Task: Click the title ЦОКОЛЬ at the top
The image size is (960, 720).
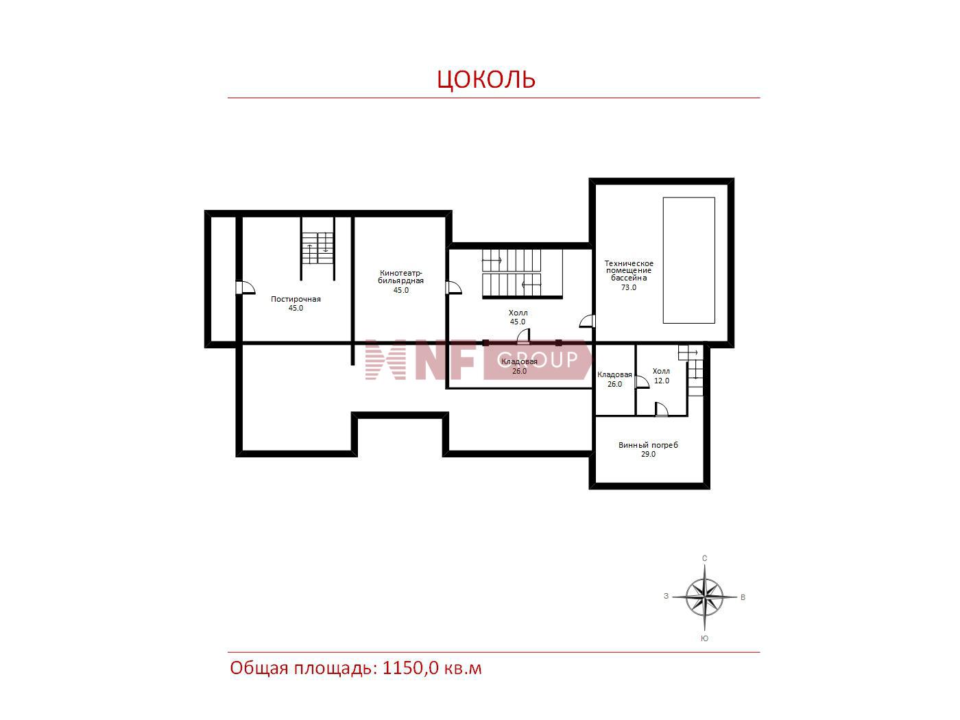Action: click(x=486, y=80)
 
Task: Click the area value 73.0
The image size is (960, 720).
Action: click(x=629, y=287)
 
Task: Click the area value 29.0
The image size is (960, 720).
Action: click(x=648, y=454)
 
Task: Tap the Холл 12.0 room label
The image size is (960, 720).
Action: click(x=661, y=376)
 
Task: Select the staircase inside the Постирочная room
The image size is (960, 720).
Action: click(x=317, y=248)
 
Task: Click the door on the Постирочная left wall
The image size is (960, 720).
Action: click(x=245, y=287)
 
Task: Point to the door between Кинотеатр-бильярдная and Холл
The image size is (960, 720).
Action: click(x=453, y=287)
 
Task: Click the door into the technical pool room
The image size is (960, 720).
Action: click(x=588, y=322)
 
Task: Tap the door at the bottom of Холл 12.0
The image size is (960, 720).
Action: click(x=661, y=409)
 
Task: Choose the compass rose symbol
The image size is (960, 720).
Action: click(x=705, y=597)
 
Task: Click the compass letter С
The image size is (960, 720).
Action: click(x=705, y=558)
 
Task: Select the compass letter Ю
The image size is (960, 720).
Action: click(x=705, y=638)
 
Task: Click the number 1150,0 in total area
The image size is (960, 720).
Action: click(x=410, y=668)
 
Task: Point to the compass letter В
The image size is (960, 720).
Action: click(x=743, y=597)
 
